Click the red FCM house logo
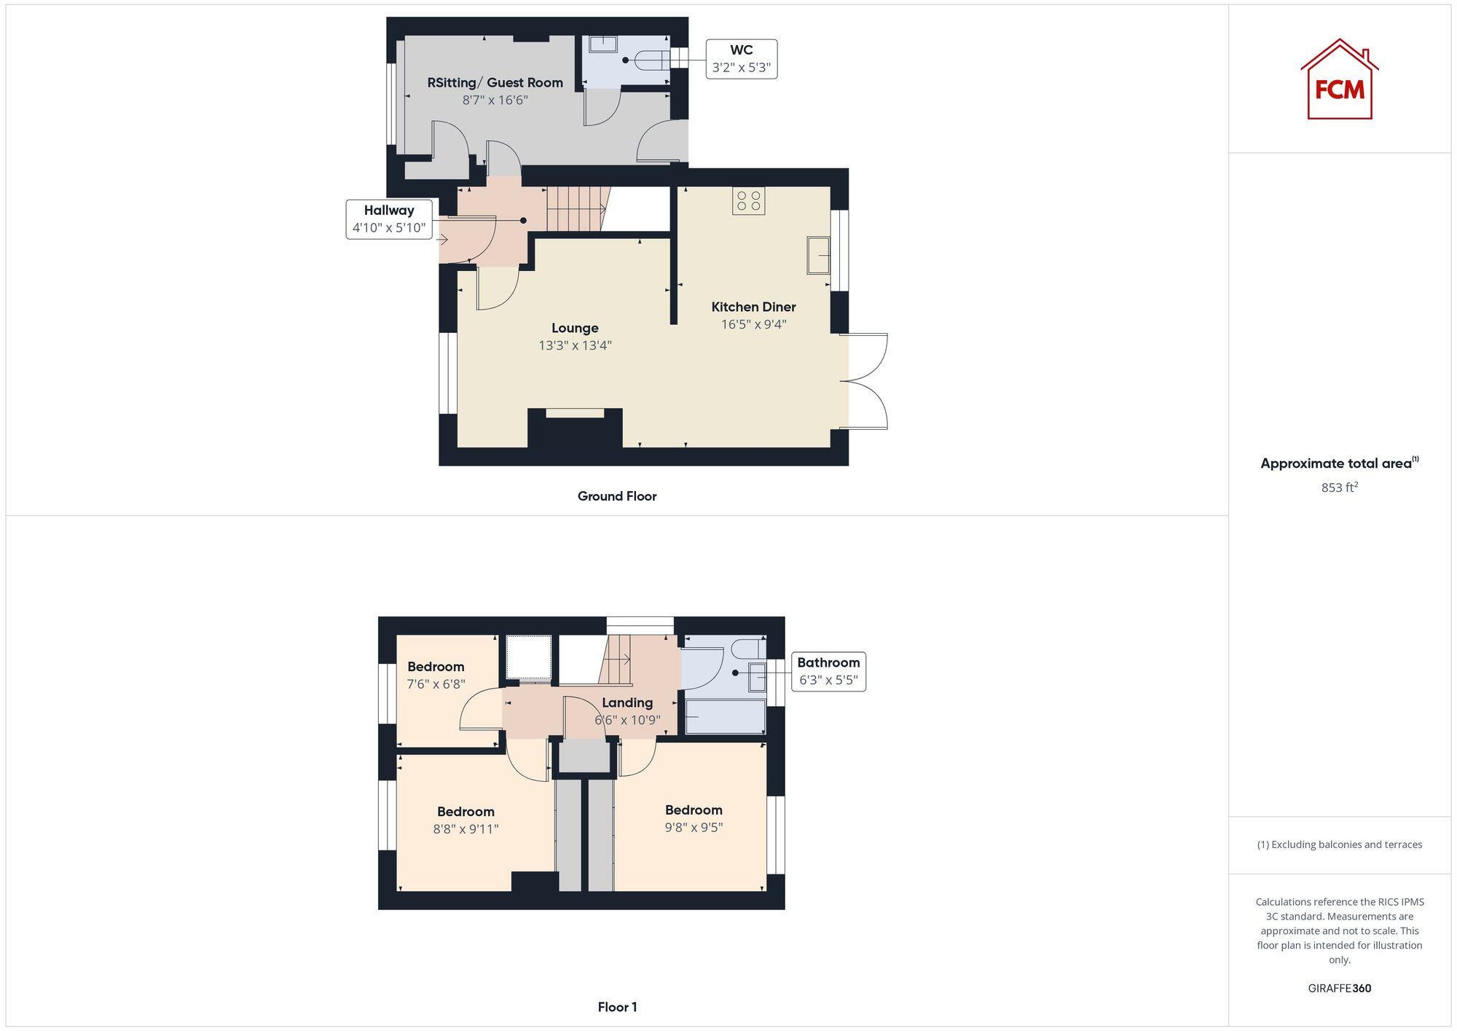1339,79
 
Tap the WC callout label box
741,59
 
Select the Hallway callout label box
389,219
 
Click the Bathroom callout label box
828,671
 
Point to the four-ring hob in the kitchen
748,201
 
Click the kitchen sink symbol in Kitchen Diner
818,255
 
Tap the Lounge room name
575,328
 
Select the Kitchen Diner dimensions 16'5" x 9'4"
753,324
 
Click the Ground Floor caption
617,496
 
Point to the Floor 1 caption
617,1007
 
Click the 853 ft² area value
1339,487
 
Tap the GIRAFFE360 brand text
1339,988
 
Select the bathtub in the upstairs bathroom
725,717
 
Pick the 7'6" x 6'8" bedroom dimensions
436,684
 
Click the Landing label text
627,702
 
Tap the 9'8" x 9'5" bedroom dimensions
694,827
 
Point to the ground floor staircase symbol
576,208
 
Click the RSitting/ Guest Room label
495,82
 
